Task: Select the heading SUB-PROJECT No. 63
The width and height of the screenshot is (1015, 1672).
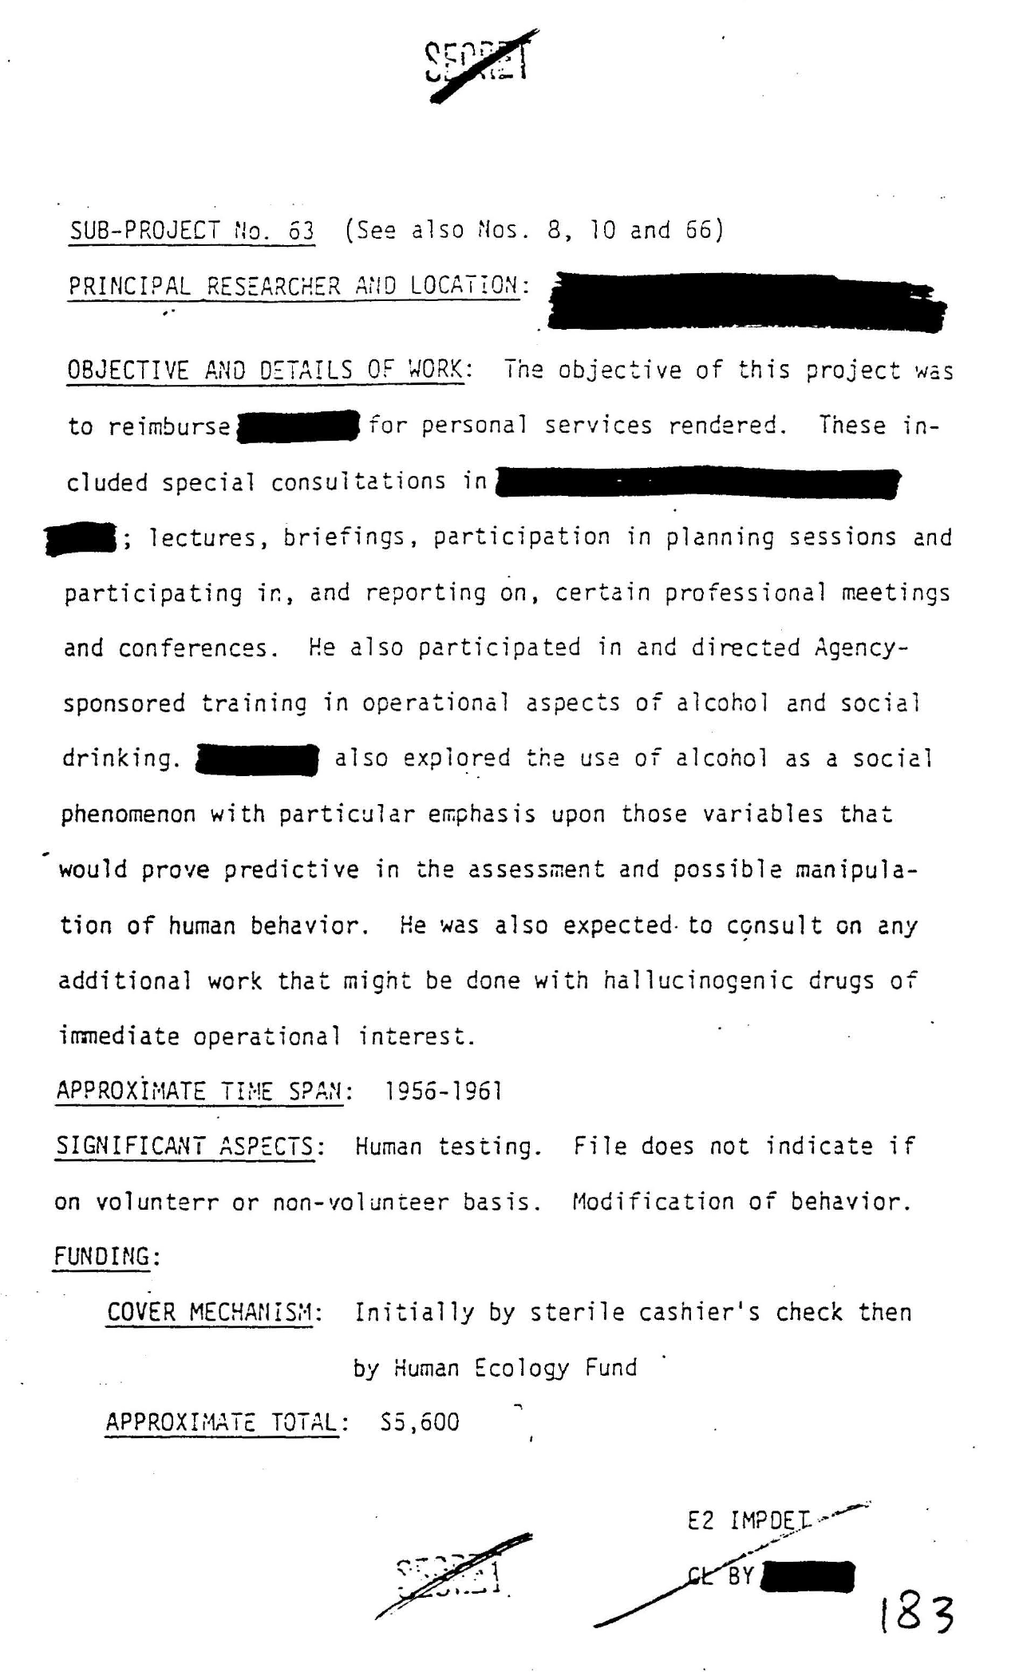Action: point(192,231)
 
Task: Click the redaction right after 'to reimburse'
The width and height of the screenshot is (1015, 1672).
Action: point(298,426)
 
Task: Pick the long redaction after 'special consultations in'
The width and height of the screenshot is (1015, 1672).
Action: point(696,483)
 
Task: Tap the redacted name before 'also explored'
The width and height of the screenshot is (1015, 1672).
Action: point(257,759)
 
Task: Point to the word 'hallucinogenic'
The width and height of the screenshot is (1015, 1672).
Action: point(698,981)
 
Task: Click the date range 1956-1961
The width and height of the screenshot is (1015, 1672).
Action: point(444,1092)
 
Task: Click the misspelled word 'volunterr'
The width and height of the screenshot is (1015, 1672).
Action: point(156,1202)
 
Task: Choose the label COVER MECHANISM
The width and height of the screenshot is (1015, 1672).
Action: point(214,1313)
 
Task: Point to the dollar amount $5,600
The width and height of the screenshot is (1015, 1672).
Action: point(421,1424)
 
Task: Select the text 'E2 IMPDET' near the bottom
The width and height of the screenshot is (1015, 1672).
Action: point(748,1521)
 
